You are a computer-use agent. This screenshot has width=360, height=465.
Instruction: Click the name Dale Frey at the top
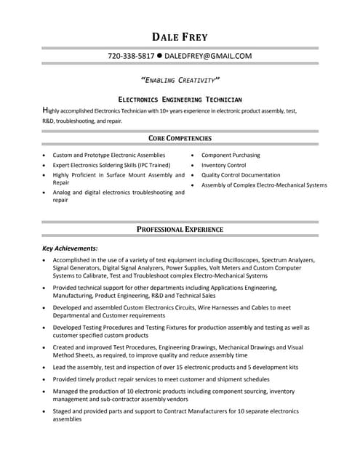180,36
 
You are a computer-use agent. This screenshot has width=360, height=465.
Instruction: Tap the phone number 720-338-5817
131,56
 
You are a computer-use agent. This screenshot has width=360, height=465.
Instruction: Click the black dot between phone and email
159,56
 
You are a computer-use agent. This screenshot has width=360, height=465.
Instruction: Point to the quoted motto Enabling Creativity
180,80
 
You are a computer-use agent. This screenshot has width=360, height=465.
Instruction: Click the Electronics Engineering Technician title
180,99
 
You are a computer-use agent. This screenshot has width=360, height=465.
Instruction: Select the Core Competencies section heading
180,138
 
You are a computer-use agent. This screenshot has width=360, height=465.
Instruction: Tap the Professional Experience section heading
180,230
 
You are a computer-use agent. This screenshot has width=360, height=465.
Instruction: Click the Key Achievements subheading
70,248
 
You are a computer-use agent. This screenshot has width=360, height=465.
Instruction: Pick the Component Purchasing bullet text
230,155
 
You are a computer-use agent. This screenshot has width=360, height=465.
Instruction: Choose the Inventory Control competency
223,165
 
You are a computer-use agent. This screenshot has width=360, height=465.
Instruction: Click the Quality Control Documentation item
240,175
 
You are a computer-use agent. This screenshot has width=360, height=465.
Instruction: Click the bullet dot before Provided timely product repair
45,379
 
